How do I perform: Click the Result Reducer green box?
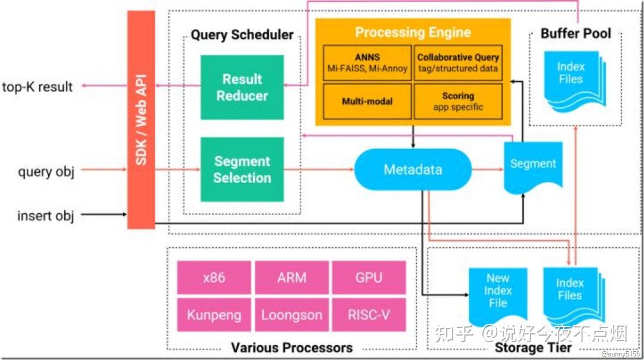click(x=242, y=87)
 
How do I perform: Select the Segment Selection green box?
click(x=242, y=169)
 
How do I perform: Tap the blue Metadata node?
click(x=412, y=169)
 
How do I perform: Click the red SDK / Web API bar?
click(x=141, y=119)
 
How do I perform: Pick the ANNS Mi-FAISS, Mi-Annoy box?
click(x=367, y=62)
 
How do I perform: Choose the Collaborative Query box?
click(x=458, y=62)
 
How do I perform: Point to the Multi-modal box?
click(x=367, y=101)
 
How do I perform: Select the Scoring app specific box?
click(x=458, y=101)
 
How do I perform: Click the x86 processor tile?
click(x=214, y=277)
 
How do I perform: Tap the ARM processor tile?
click(x=291, y=277)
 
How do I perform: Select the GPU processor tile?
click(x=368, y=277)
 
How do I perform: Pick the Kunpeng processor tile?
click(x=214, y=315)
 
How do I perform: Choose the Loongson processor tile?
click(x=291, y=315)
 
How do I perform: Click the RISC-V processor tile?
click(x=368, y=315)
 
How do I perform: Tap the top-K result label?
click(x=37, y=87)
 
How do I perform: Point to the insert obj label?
click(x=46, y=216)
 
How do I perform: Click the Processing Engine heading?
click(x=412, y=32)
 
